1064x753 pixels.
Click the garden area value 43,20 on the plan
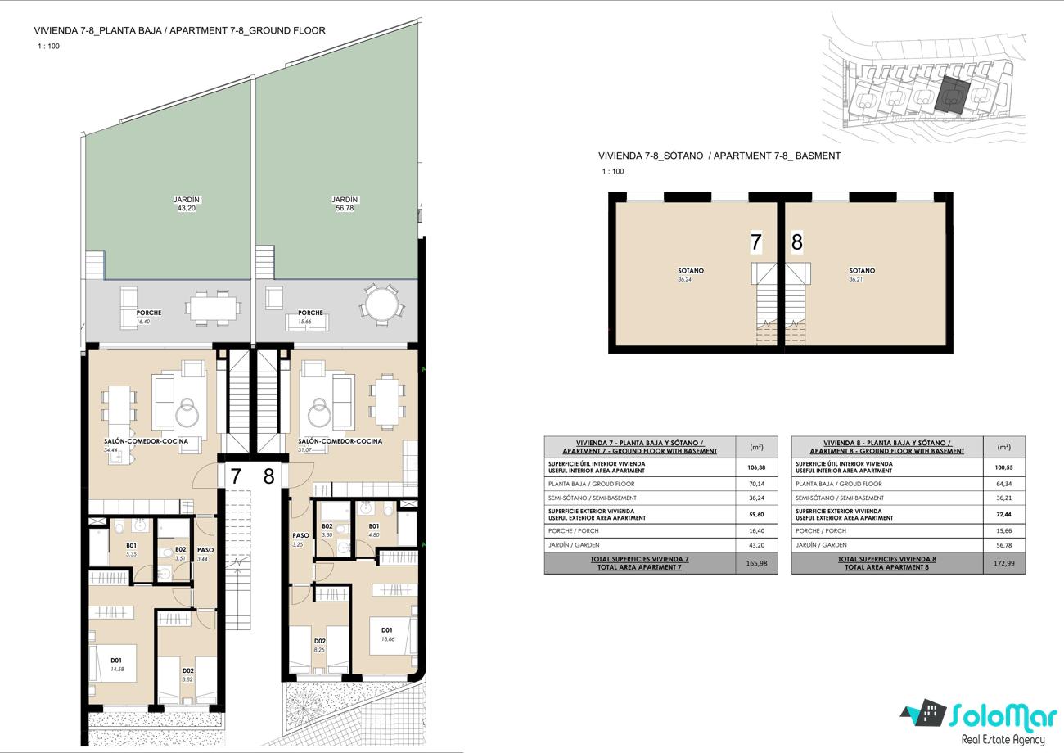(187, 208)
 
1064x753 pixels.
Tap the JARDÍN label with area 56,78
(345, 200)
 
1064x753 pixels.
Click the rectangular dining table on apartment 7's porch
(214, 309)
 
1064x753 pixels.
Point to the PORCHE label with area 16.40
(149, 313)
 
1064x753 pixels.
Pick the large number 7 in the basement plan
(755, 241)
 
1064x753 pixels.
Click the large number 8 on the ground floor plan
(268, 476)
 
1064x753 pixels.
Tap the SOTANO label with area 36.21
(862, 271)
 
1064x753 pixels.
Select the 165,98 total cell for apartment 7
(756, 563)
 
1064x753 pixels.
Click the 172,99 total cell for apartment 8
(1003, 563)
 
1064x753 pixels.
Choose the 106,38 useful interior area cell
(756, 467)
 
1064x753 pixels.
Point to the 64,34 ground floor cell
(1003, 484)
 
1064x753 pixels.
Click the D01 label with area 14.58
(116, 660)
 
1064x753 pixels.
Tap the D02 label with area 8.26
(319, 640)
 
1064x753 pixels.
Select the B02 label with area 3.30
(327, 526)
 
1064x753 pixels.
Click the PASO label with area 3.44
(205, 550)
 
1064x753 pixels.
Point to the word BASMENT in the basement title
(818, 156)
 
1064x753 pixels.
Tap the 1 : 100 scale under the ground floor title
(48, 46)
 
